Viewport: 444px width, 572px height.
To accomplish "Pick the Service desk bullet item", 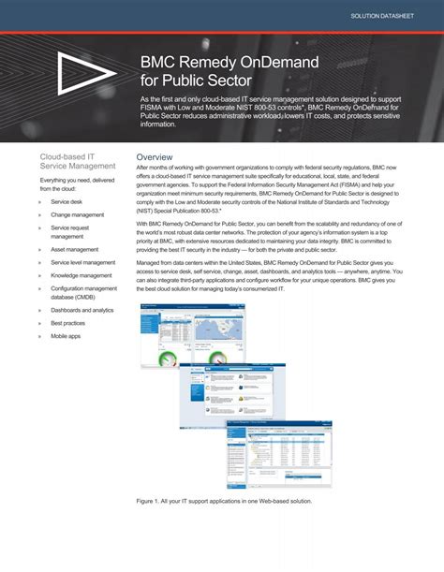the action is click(x=67, y=201).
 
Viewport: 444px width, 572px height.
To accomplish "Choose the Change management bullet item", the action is click(x=77, y=214).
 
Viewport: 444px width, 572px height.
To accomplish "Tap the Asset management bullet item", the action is click(x=74, y=250).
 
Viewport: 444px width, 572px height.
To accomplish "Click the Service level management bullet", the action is click(x=83, y=263).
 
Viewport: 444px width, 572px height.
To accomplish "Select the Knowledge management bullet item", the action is click(x=82, y=276).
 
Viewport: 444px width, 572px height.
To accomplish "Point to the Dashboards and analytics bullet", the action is click(x=82, y=310).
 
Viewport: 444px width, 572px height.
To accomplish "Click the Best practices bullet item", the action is click(x=69, y=323).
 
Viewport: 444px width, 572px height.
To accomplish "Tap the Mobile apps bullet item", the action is click(x=66, y=336).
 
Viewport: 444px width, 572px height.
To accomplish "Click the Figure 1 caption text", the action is click(x=224, y=501).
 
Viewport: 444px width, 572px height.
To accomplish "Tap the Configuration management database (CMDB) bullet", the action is click(x=83, y=293).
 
